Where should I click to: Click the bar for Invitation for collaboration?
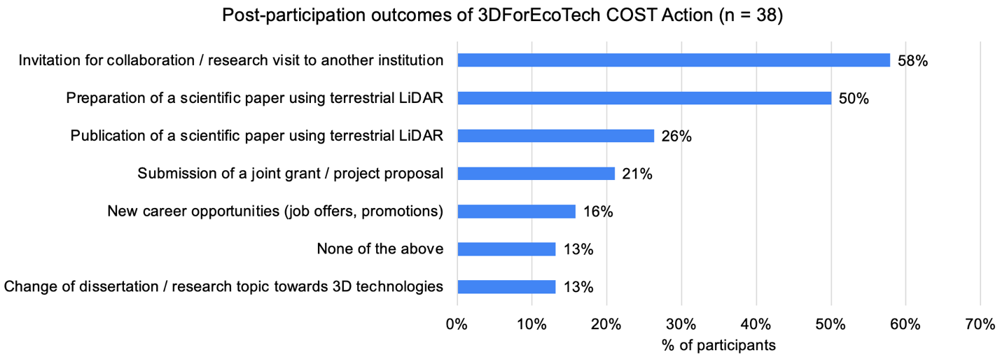[673, 60]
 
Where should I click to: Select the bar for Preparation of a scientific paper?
[644, 98]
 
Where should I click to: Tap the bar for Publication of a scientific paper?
[555, 136]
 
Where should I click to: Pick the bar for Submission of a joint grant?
[536, 174]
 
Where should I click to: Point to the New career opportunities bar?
[516, 212]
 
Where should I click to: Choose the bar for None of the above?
[506, 249]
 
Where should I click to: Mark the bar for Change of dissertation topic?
[506, 286]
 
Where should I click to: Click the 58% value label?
[912, 61]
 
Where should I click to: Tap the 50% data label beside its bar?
[854, 99]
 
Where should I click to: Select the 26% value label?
[676, 137]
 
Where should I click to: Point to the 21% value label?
[637, 174]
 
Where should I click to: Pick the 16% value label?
[598, 212]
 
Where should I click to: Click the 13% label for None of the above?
[578, 249]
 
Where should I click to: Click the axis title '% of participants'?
[718, 345]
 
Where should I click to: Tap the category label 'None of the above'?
[380, 249]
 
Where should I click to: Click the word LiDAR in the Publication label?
[424, 136]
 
